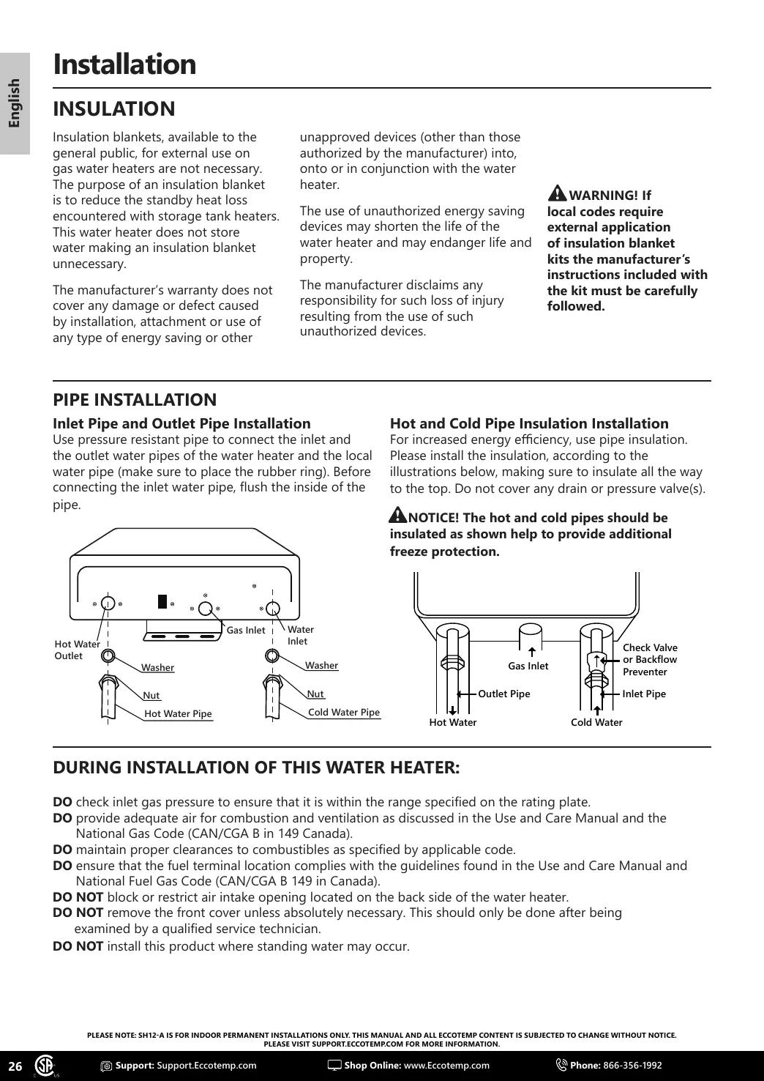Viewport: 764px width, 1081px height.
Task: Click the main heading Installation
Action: tap(124, 64)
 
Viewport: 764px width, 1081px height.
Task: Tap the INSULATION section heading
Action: tap(114, 109)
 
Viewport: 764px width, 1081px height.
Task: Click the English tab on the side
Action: tap(15, 103)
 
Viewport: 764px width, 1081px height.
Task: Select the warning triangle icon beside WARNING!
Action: tap(557, 193)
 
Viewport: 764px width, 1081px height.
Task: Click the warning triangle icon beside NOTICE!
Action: tap(398, 516)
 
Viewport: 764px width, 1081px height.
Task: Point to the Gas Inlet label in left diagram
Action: tap(246, 630)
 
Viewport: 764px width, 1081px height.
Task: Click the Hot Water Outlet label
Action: tap(77, 650)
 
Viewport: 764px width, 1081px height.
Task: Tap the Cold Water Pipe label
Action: tap(344, 712)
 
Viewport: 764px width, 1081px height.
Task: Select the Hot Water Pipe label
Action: tap(178, 714)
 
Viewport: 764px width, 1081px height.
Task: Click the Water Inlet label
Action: tap(300, 635)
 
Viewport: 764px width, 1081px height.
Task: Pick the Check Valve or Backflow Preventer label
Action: tap(650, 659)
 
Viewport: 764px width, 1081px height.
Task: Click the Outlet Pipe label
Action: tap(503, 694)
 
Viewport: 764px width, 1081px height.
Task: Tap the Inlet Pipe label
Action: tap(644, 694)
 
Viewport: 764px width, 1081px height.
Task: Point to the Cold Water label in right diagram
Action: tap(596, 722)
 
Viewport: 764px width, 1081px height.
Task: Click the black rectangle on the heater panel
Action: tap(162, 601)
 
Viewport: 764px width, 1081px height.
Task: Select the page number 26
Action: tap(15, 1065)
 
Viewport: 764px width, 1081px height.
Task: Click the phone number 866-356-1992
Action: tap(632, 1065)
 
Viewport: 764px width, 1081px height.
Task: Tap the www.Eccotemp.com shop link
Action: tap(446, 1065)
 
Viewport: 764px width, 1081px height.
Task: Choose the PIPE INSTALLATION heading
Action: tap(135, 400)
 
